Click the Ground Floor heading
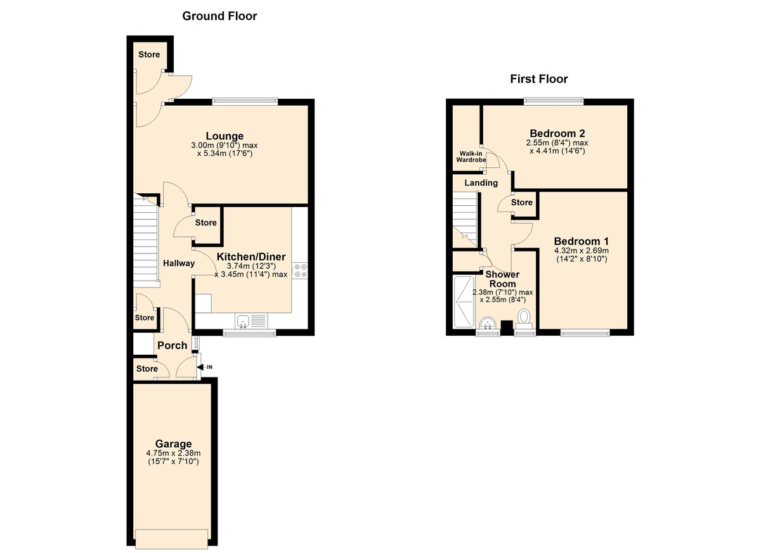(x=219, y=16)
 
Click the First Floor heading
(x=538, y=79)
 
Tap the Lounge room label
(x=224, y=136)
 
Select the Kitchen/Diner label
(x=251, y=257)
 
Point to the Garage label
(x=173, y=443)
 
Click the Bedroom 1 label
(x=581, y=241)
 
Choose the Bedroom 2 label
(x=557, y=133)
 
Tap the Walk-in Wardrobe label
(x=471, y=156)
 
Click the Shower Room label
(x=502, y=279)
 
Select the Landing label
(x=481, y=182)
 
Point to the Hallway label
(x=178, y=263)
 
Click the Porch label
(x=172, y=345)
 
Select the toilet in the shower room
(x=524, y=317)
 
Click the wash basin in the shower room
(x=488, y=323)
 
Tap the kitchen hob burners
(x=299, y=270)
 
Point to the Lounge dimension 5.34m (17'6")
(x=224, y=153)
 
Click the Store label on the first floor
(x=521, y=202)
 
